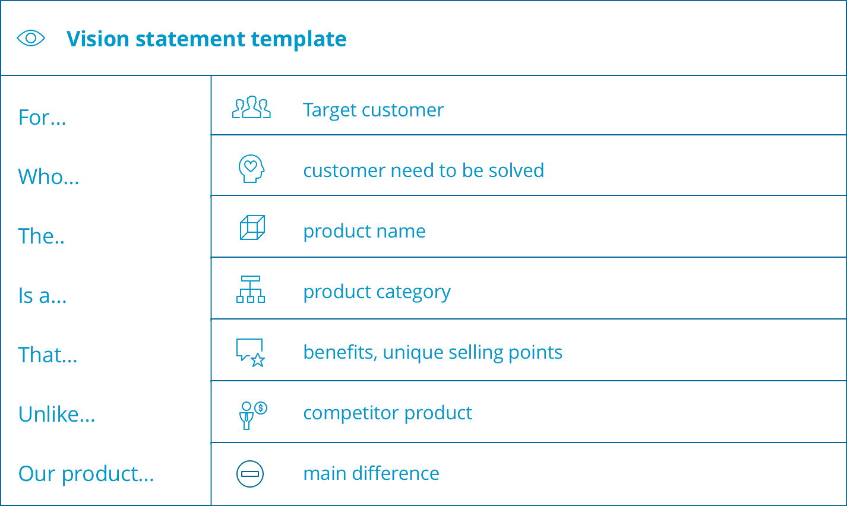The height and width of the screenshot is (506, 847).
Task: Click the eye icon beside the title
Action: point(31,39)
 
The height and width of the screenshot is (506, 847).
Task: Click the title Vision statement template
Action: point(206,39)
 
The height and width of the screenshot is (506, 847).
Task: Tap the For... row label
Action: point(42,118)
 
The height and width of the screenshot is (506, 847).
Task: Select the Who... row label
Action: point(49,177)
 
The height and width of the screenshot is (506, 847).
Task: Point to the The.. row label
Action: point(42,236)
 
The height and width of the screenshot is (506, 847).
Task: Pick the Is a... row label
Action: point(43,296)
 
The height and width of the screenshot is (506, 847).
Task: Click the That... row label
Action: point(48,355)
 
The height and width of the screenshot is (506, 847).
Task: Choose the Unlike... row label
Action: point(57,415)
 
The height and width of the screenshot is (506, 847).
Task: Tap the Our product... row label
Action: point(86,474)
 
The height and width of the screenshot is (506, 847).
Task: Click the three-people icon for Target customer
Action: point(251,107)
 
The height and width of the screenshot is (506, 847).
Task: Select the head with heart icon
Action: point(251,169)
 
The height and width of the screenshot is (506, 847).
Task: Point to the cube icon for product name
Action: point(252,227)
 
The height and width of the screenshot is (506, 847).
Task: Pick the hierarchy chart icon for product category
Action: point(251,289)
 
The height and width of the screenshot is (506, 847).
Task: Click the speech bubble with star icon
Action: point(251,352)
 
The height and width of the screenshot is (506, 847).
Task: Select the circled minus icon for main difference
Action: point(250,474)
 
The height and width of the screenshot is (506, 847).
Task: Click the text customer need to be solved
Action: point(423,170)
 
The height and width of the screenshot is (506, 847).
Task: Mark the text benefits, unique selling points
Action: point(432,352)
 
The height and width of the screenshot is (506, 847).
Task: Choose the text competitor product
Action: point(387,413)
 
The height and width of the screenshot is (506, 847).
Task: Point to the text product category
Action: point(377,292)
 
